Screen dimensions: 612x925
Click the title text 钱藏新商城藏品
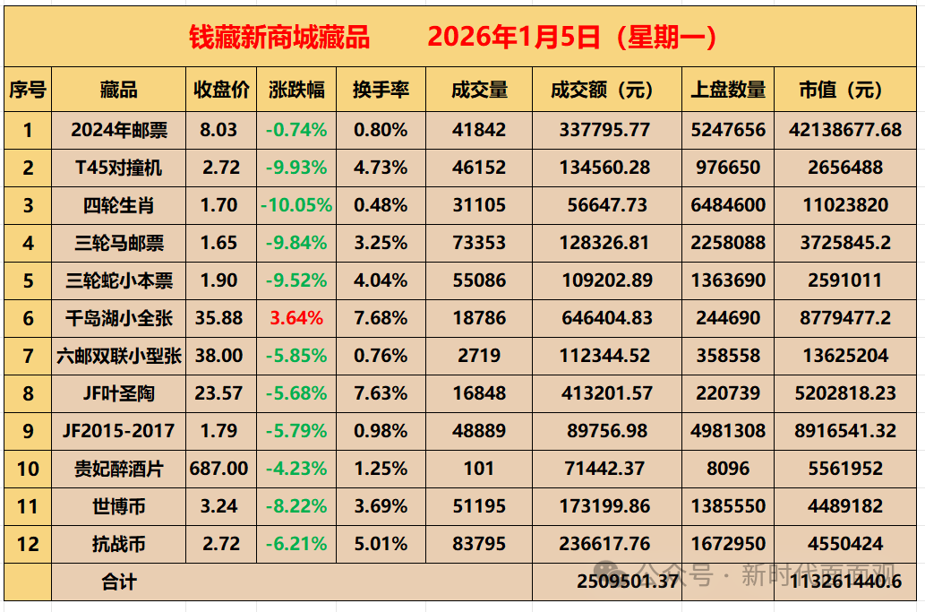point(279,37)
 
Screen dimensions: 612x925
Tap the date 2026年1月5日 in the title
point(513,37)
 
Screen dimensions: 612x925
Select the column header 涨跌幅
point(296,91)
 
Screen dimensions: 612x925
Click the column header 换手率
point(381,91)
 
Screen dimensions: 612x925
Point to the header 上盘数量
point(728,91)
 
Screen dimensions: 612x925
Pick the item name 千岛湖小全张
point(119,318)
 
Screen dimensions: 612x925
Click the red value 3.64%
point(296,318)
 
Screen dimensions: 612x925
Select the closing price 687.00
point(219,469)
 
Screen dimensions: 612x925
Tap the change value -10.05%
point(296,205)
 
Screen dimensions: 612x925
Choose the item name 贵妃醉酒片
point(119,469)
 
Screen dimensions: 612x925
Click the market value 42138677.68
point(845,130)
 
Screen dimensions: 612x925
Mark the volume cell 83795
point(478,544)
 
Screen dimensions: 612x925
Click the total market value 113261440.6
point(845,582)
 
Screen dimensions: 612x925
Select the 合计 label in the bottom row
point(119,582)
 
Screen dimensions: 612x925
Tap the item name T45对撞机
point(119,168)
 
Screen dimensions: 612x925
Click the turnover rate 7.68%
point(381,318)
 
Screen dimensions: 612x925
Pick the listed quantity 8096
point(728,469)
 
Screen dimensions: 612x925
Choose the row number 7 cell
point(28,356)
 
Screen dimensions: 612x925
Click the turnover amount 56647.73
point(606,205)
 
